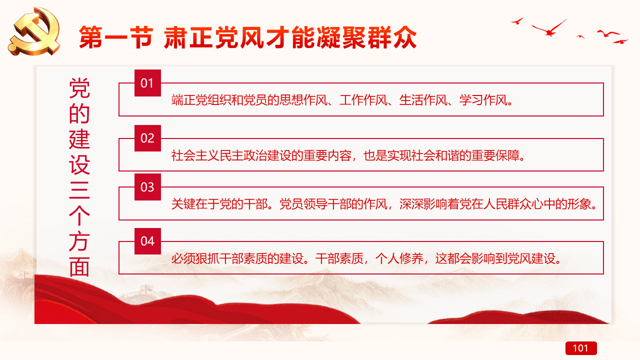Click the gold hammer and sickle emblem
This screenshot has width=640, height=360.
click(x=34, y=31)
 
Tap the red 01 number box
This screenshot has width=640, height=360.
click(x=147, y=83)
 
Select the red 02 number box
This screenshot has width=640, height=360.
click(x=147, y=138)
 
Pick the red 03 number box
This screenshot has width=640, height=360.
click(x=147, y=187)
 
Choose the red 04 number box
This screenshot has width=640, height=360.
click(x=147, y=241)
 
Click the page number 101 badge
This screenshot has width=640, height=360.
click(x=581, y=348)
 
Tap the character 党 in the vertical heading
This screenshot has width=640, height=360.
click(x=79, y=88)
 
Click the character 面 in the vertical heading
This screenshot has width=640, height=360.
click(x=79, y=267)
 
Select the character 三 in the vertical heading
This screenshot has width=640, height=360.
click(x=79, y=189)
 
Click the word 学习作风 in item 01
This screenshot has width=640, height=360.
click(x=483, y=100)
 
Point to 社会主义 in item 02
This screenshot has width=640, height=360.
click(x=195, y=155)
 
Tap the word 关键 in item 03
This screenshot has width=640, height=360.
click(x=183, y=204)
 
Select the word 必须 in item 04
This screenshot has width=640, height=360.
click(x=183, y=258)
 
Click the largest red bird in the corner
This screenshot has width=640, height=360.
click(x=549, y=28)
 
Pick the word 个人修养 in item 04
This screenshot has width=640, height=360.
click(x=399, y=258)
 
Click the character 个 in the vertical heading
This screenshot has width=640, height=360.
click(x=79, y=215)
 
